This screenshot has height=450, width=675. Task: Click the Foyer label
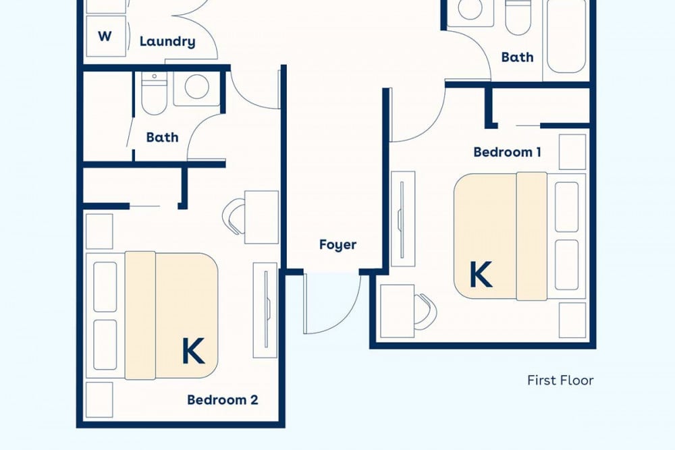pyautogui.click(x=338, y=245)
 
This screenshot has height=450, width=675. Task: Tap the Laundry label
pyautogui.click(x=167, y=42)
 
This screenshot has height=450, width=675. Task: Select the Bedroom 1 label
pyautogui.click(x=507, y=152)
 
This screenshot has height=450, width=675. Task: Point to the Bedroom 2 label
pyautogui.click(x=223, y=399)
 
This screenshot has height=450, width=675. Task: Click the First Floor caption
pyautogui.click(x=560, y=381)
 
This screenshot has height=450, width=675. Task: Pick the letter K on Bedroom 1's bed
pyautogui.click(x=481, y=275)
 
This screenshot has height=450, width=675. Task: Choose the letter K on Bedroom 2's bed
pyautogui.click(x=193, y=351)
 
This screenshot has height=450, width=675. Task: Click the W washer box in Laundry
pyautogui.click(x=106, y=36)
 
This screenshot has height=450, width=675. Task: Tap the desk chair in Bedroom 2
pyautogui.click(x=234, y=217)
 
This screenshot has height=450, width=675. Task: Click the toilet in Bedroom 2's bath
pyautogui.click(x=154, y=93)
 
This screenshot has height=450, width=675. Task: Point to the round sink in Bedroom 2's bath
pyautogui.click(x=197, y=86)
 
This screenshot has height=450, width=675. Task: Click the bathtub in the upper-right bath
pyautogui.click(x=566, y=36)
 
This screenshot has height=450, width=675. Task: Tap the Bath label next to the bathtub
pyautogui.click(x=518, y=57)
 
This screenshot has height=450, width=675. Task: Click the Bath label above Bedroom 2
pyautogui.click(x=162, y=137)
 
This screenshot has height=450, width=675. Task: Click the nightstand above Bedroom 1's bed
pyautogui.click(x=572, y=152)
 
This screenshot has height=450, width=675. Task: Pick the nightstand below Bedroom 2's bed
pyautogui.click(x=99, y=399)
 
